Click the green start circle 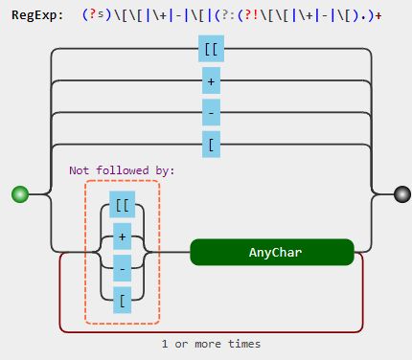[x=20, y=194]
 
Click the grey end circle [x=401, y=194]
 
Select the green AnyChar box [x=272, y=252]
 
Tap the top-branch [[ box [x=211, y=49]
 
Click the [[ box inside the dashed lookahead [x=122, y=204]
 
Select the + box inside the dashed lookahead [x=122, y=236]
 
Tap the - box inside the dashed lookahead [x=122, y=267]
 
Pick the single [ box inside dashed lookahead [x=122, y=299]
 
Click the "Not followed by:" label [x=122, y=170]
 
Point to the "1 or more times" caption [x=211, y=343]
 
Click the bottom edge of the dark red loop [x=211, y=331]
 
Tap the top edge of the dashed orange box [x=122, y=180]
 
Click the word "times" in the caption [x=243, y=343]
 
